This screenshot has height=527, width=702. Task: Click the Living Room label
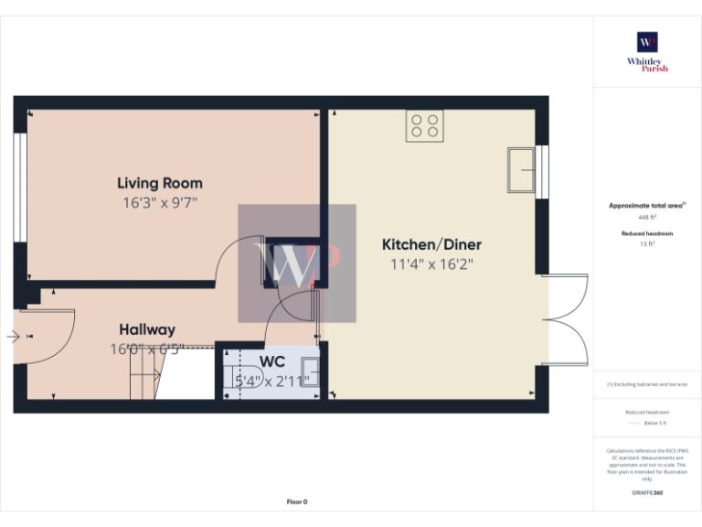[x=160, y=183]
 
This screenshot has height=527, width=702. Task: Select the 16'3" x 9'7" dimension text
[x=160, y=202]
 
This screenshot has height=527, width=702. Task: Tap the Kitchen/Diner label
[x=431, y=244]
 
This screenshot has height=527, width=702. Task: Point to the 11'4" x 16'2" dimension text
[x=431, y=264]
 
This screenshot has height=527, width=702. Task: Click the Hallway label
[x=147, y=329]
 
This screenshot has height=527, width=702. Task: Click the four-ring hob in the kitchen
[x=424, y=124]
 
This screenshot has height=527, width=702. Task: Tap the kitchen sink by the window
[x=523, y=169]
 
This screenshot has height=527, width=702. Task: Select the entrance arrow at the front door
[x=13, y=337]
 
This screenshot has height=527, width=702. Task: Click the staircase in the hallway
[x=144, y=376]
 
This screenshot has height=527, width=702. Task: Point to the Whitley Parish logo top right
[x=647, y=49]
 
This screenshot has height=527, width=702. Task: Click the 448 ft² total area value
[x=647, y=218]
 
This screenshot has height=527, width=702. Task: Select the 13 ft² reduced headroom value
[x=647, y=244]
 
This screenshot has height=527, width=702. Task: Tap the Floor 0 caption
[x=297, y=501]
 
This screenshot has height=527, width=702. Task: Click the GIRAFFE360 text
[x=647, y=493]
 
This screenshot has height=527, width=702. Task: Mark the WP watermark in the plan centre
[x=297, y=263]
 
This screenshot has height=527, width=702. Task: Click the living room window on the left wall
[x=17, y=188]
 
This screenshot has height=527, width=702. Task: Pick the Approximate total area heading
[x=647, y=206]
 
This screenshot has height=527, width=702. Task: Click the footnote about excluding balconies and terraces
[x=647, y=384]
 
